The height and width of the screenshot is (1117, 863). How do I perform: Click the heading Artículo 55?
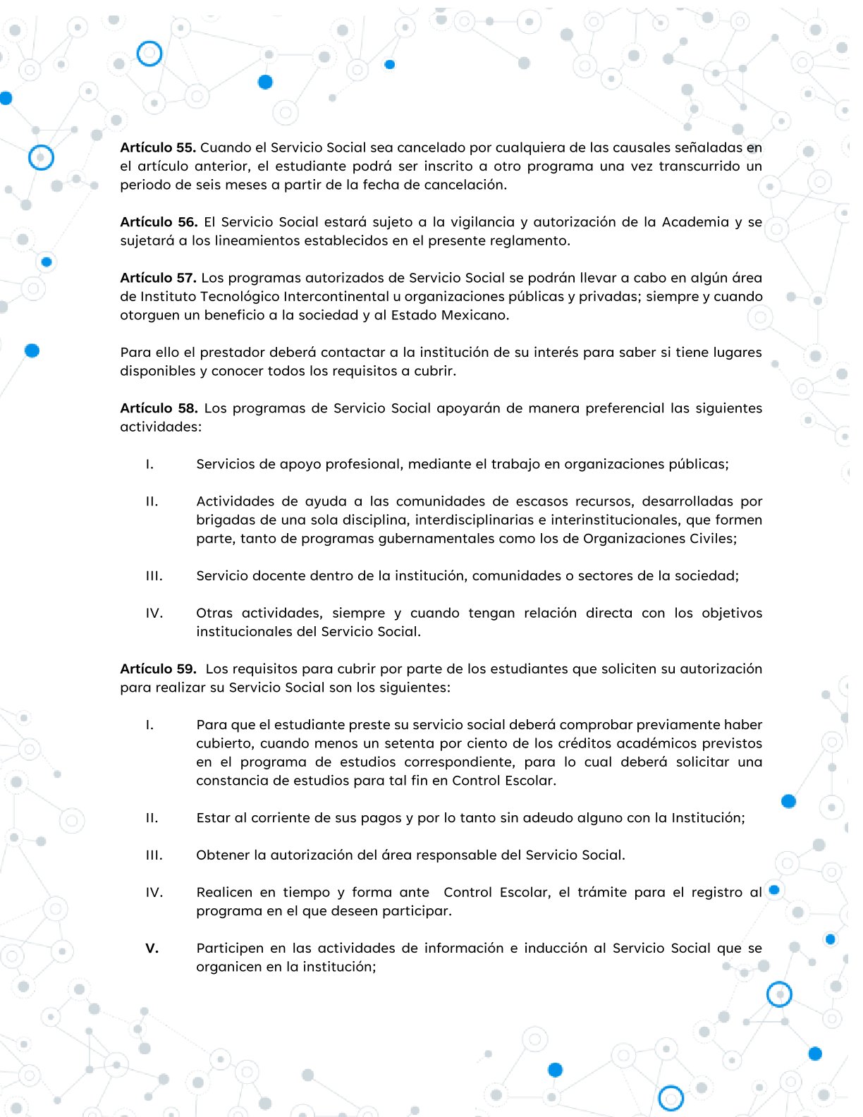(x=158, y=147)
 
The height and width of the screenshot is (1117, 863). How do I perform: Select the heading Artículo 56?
(x=159, y=222)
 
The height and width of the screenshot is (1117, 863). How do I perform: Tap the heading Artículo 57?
(x=158, y=278)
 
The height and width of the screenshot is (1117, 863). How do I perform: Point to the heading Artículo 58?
(x=159, y=408)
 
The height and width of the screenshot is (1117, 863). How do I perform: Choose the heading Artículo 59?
(x=158, y=669)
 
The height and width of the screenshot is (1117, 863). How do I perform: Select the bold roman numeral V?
(x=152, y=948)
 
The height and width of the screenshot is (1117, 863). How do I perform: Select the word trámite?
(x=603, y=893)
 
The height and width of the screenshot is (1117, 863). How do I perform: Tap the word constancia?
(x=231, y=781)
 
